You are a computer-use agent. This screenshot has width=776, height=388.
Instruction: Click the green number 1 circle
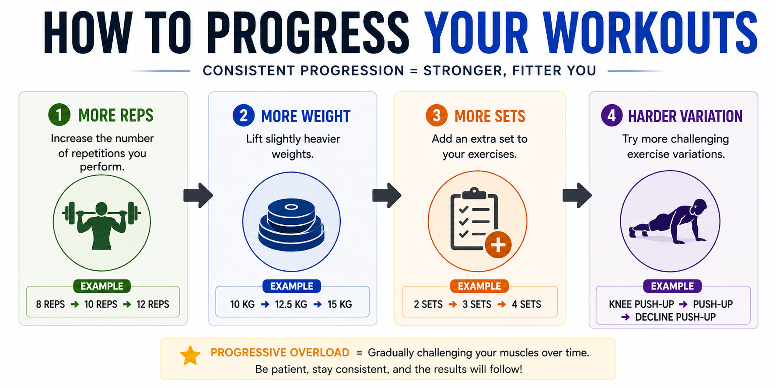point(59,115)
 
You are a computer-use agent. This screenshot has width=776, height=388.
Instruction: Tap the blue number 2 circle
point(244,115)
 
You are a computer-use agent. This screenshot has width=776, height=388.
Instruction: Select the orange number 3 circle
point(437,115)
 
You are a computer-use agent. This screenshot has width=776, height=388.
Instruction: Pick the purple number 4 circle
point(612,115)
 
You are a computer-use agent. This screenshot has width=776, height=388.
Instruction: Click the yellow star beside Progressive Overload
point(190,355)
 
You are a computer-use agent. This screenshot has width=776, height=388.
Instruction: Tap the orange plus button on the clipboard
point(498,245)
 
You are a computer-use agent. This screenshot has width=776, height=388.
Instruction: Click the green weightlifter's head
point(101,209)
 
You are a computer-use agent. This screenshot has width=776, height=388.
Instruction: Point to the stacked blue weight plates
point(291,225)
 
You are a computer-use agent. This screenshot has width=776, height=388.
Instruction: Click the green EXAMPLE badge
point(102,286)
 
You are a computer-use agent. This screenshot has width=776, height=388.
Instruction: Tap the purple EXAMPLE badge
point(672,286)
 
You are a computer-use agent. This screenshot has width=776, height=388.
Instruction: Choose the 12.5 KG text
point(291,304)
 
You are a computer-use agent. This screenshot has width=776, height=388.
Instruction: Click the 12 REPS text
point(153,304)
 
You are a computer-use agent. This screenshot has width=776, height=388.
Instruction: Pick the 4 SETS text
point(527,304)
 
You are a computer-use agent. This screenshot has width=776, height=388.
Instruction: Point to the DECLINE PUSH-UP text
point(675,317)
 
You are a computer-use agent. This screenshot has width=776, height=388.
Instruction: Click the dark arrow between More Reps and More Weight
point(198,195)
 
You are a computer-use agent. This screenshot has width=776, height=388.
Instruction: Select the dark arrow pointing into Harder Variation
point(577,195)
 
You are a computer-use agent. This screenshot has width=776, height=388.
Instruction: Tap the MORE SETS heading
point(490,116)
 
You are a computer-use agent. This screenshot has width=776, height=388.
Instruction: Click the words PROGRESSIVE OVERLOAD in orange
point(280,353)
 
